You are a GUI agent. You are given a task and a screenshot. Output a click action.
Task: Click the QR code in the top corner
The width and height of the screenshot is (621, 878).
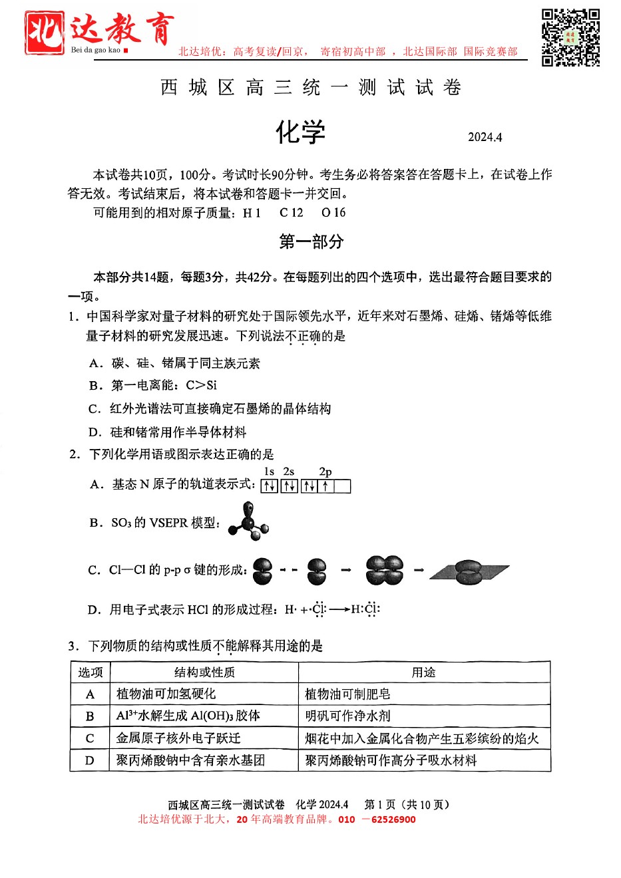(570, 37)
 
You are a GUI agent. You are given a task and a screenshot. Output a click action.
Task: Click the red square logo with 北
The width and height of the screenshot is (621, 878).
(45, 33)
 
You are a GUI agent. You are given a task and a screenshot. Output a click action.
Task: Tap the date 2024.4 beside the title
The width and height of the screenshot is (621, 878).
(485, 137)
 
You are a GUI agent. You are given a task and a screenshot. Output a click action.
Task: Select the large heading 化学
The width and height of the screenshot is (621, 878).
(301, 132)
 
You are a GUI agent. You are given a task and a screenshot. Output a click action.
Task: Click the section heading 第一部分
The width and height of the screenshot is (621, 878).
(311, 241)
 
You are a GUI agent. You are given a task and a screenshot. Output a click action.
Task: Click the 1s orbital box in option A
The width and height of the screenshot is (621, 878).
(269, 486)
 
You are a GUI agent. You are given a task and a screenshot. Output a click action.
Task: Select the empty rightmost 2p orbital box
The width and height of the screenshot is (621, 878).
(343, 486)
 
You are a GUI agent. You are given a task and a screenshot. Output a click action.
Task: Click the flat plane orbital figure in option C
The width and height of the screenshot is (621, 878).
(469, 571)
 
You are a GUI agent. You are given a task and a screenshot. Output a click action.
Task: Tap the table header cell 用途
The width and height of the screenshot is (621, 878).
(423, 672)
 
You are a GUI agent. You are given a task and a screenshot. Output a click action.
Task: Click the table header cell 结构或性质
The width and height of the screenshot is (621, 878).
(204, 672)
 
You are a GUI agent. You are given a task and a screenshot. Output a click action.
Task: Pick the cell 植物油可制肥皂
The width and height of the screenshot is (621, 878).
(347, 694)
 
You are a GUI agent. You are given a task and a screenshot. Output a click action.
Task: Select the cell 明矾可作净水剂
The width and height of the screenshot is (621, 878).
(347, 716)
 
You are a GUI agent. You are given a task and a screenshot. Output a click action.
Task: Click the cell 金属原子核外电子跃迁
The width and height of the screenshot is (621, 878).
(178, 738)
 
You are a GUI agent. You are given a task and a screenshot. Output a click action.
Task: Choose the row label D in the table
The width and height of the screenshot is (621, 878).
(90, 760)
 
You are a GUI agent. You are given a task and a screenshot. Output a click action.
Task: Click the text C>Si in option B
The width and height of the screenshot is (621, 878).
(201, 385)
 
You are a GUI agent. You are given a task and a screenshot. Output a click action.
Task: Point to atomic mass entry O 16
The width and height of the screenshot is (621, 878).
(333, 213)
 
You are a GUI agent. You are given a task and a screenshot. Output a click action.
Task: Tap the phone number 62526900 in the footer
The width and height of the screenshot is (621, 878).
(393, 819)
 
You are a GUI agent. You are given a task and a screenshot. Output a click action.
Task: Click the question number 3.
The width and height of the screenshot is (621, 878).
(73, 646)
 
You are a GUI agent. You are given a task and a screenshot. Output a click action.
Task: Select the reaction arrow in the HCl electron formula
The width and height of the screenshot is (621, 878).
(339, 609)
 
